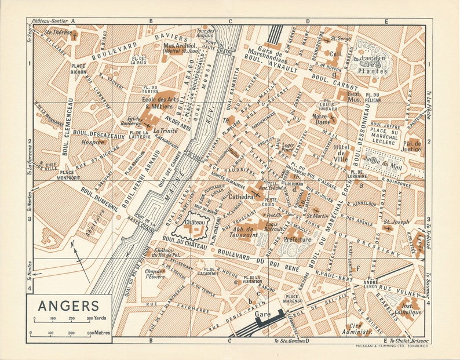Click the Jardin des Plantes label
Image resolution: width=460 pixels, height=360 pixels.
(373, 64)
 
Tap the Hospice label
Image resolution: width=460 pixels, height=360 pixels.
(93, 141)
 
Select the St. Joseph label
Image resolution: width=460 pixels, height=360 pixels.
(398, 221)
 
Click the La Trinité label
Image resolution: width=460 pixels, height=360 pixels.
(165, 131)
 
